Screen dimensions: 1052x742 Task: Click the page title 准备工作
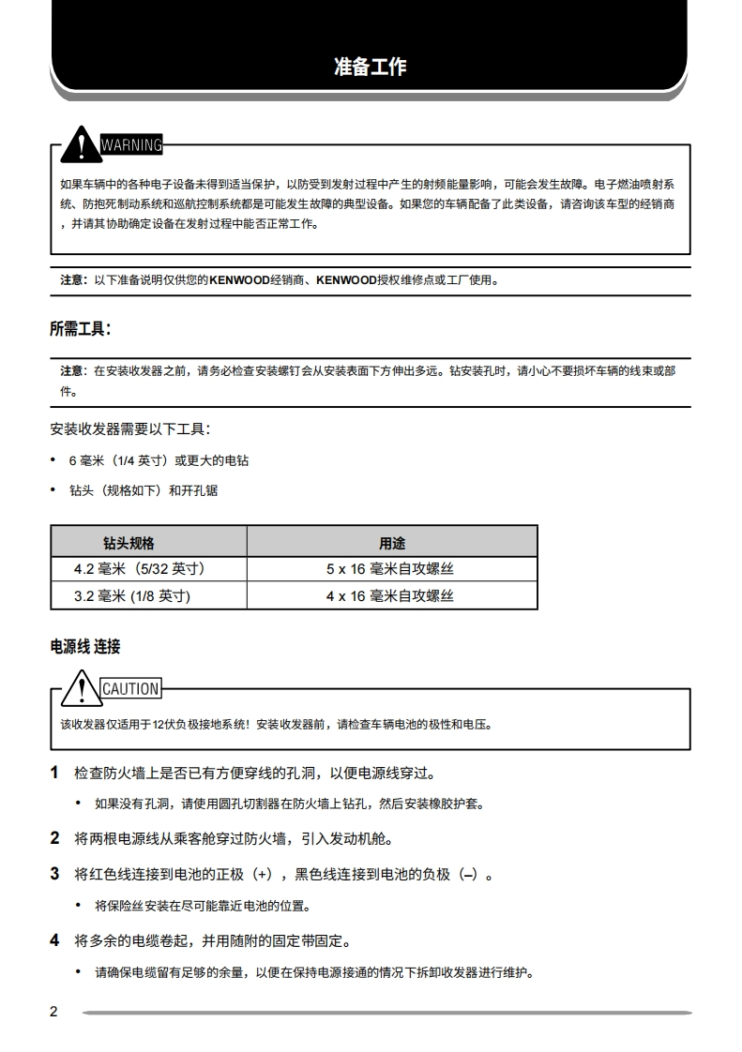371,67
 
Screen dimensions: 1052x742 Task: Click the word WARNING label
130,145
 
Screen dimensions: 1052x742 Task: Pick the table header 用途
392,543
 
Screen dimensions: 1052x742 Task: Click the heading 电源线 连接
84,647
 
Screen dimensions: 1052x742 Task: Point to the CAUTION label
130,689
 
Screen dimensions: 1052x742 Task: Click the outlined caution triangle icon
83,688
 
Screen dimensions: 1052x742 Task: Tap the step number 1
54,773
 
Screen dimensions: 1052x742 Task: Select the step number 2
54,837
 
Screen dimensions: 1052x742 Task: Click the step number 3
54,874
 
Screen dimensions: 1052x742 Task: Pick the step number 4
54,939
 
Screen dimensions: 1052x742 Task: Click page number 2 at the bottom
53,1012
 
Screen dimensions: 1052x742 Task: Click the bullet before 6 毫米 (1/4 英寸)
53,461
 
